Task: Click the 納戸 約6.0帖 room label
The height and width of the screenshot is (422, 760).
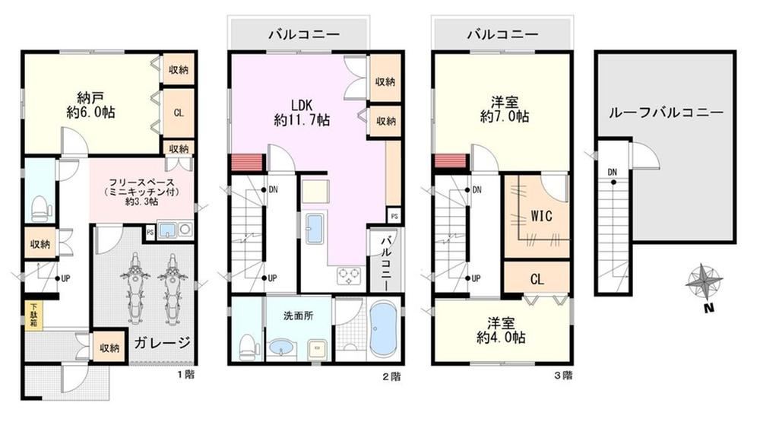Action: point(90,105)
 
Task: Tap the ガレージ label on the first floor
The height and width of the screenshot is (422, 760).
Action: point(163,342)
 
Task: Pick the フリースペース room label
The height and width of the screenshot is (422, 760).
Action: point(141,192)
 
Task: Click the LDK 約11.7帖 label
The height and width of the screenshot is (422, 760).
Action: point(302,113)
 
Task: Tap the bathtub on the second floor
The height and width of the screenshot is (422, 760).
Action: point(384,329)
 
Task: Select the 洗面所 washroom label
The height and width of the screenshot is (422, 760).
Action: point(298,316)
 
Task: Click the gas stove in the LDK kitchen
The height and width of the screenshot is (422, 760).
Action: point(350,275)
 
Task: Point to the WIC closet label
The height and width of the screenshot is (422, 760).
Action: point(541,215)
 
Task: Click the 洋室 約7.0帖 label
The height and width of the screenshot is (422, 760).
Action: point(504,109)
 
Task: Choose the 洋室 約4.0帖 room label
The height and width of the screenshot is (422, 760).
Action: point(501,330)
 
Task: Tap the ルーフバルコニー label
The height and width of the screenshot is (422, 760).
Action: point(666,113)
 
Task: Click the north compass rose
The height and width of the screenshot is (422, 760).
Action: point(705,282)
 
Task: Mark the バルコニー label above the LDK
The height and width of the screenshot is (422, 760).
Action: point(305,34)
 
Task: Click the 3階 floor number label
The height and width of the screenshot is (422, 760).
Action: point(563,375)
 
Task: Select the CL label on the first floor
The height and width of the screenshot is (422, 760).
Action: point(179,113)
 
